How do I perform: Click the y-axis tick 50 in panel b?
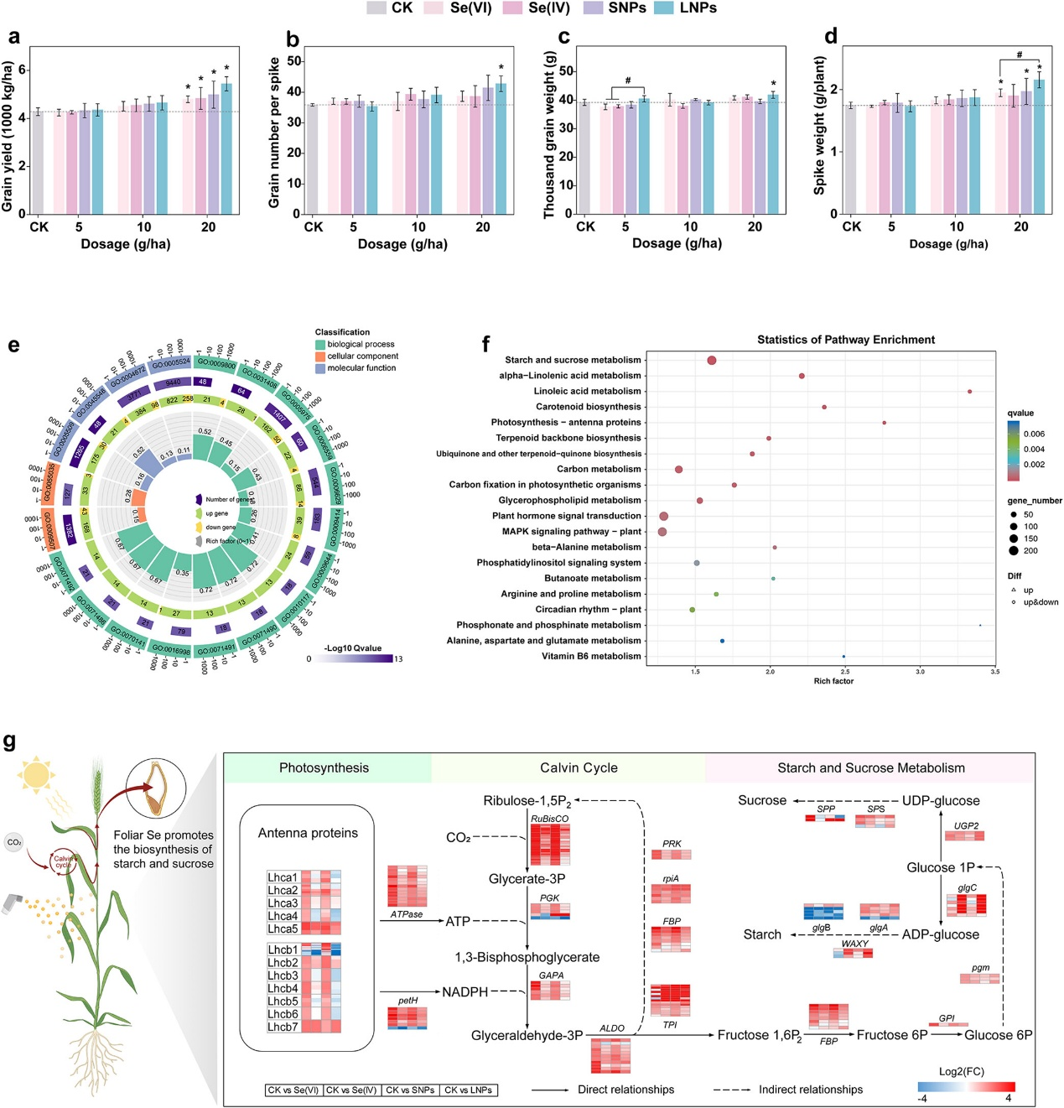pyautogui.click(x=294, y=61)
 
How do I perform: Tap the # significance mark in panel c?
pyautogui.click(x=627, y=81)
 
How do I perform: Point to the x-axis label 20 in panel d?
pyautogui.click(x=1021, y=226)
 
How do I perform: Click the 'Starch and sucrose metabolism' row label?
pyautogui.click(x=573, y=360)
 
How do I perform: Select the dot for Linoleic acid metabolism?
pyautogui.click(x=969, y=392)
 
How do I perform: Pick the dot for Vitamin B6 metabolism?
pyautogui.click(x=843, y=656)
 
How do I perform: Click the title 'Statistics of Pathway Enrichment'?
pyautogui.click(x=845, y=340)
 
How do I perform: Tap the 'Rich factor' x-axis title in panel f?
pyautogui.click(x=833, y=681)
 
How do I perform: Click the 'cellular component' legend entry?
pyautogui.click(x=362, y=356)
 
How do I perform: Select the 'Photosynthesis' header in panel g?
pyautogui.click(x=324, y=768)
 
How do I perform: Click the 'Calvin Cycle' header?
pyautogui.click(x=579, y=768)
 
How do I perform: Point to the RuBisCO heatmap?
pyautogui.click(x=550, y=845)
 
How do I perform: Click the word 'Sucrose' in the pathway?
pyautogui.click(x=762, y=800)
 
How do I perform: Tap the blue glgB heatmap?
pyautogui.click(x=823, y=912)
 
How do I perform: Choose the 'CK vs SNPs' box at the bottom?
pyautogui.click(x=410, y=1090)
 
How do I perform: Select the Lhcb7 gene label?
pyautogui.click(x=283, y=1027)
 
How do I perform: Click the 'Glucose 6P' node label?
pyautogui.click(x=998, y=1035)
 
